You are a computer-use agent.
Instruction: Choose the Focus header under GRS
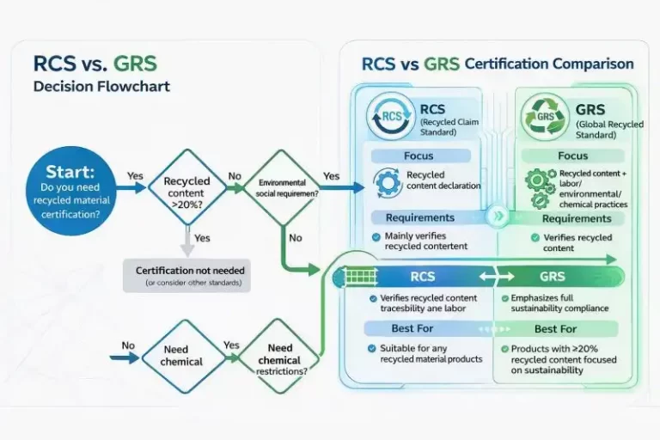[572, 156]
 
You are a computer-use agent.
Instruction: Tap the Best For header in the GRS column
[555, 328]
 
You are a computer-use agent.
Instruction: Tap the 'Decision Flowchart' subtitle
[101, 87]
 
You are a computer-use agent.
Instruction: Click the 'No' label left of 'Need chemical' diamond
[128, 345]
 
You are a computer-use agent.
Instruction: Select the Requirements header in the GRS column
[576, 218]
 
